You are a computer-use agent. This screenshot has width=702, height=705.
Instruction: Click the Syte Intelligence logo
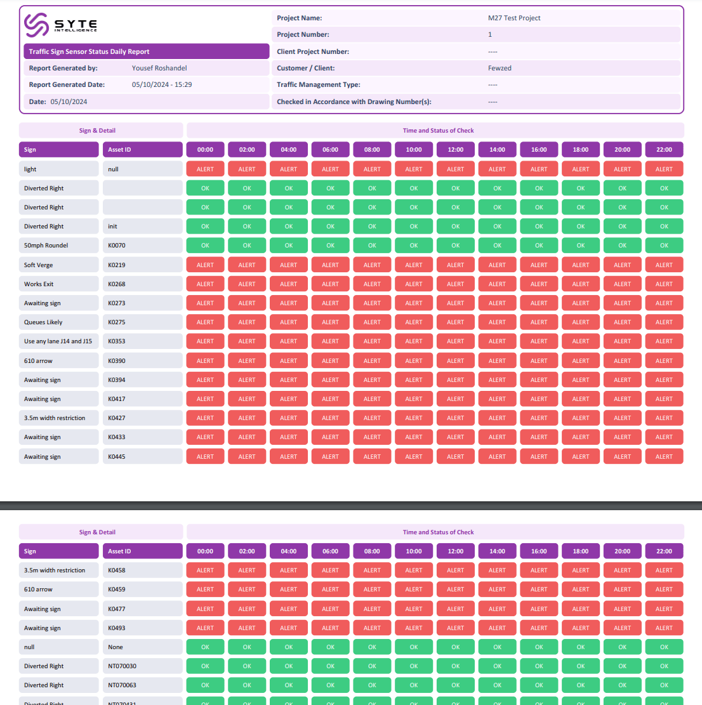[60, 25]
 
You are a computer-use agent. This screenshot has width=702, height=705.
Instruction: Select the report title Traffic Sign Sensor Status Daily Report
[89, 51]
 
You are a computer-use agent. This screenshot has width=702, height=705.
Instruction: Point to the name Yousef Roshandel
[159, 68]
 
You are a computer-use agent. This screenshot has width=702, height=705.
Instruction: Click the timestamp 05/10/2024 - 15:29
[162, 84]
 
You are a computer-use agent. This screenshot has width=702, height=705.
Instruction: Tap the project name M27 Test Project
[514, 18]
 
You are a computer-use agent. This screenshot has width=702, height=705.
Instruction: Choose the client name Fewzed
[500, 68]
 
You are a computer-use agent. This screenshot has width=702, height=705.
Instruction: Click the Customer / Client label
[305, 68]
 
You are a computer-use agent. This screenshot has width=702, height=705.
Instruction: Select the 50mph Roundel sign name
[46, 246]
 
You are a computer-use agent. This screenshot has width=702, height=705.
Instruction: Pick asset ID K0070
[117, 246]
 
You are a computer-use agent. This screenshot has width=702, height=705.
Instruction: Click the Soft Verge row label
[39, 265]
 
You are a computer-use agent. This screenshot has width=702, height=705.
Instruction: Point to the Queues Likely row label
[43, 322]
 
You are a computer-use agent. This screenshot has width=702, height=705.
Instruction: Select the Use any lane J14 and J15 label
[58, 341]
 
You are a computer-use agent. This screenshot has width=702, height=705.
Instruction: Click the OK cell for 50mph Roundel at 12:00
[456, 246]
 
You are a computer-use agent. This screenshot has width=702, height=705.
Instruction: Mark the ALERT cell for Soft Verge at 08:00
[372, 265]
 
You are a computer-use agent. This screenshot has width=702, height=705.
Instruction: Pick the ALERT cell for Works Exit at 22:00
[664, 284]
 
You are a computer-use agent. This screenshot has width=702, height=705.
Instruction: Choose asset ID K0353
[117, 341]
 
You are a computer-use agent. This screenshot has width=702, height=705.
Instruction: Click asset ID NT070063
[122, 685]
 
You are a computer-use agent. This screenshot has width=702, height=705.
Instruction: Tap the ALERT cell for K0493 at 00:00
[205, 628]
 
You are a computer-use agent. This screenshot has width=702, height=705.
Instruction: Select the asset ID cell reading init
[112, 227]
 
